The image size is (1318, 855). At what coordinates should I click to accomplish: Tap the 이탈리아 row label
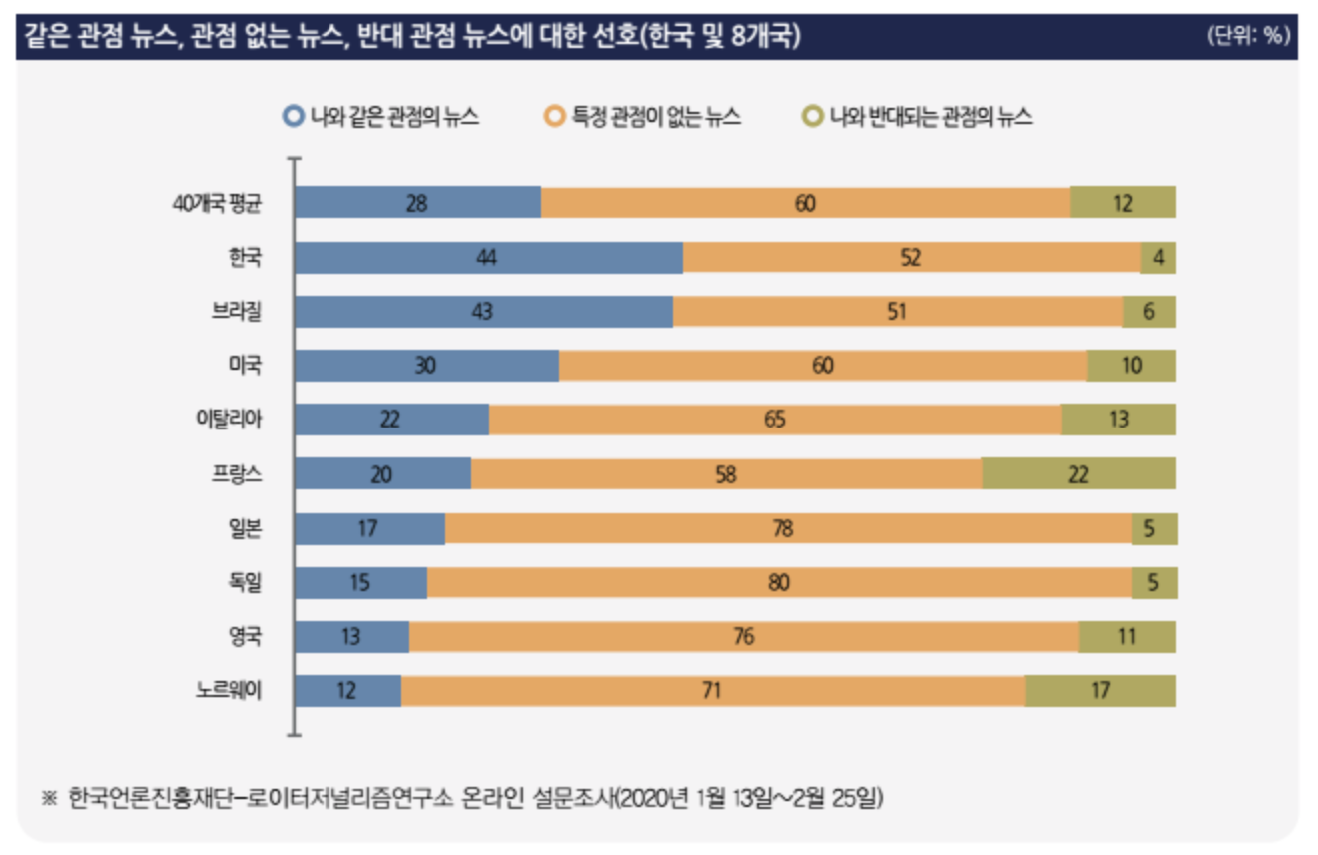point(229,420)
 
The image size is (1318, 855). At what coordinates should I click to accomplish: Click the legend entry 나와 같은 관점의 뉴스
point(382,117)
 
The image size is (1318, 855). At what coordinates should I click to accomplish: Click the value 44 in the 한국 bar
point(487,258)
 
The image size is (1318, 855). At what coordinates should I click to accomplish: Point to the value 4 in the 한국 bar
point(1159,258)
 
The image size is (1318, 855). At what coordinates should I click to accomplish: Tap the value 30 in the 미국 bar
point(425,366)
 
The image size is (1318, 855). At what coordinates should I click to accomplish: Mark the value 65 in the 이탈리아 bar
point(775,420)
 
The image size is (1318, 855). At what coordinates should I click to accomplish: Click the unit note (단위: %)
point(1247,36)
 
